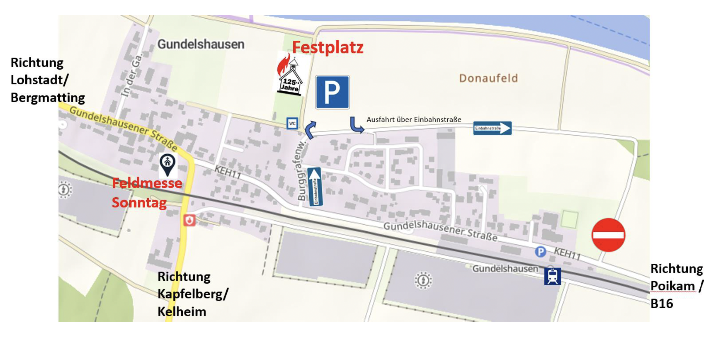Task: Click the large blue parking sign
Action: coord(332,92)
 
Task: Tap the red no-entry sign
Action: coord(608,235)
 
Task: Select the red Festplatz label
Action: coord(328,47)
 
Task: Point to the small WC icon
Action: coord(292,123)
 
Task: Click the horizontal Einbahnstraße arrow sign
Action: coord(492,128)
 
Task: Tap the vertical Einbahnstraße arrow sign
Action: coord(315,187)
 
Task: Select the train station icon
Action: coord(552,276)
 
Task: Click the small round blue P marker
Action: coord(540,251)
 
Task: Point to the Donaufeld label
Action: coord(488,78)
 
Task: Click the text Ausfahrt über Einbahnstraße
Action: coord(414,120)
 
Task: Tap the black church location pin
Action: coord(168,164)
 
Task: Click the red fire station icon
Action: coord(189,220)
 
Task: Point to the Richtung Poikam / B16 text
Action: coord(676,286)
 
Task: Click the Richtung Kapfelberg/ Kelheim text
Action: coord(193,294)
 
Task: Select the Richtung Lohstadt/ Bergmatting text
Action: coord(47,80)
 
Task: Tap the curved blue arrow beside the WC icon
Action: coord(311,130)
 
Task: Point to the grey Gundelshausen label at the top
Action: coord(201,44)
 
